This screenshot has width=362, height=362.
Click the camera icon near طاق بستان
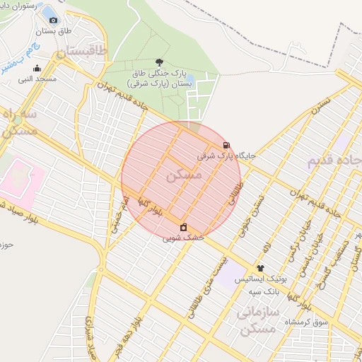point(53,20)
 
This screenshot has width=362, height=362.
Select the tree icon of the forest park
point(159,62)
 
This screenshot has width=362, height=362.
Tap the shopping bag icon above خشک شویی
point(184,227)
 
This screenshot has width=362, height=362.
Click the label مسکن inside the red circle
point(183,174)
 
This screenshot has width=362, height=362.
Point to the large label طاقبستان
point(81,51)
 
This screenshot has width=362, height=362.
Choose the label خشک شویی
point(183,238)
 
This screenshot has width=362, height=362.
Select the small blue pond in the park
point(189,77)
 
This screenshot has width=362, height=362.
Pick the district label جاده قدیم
point(332,160)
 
